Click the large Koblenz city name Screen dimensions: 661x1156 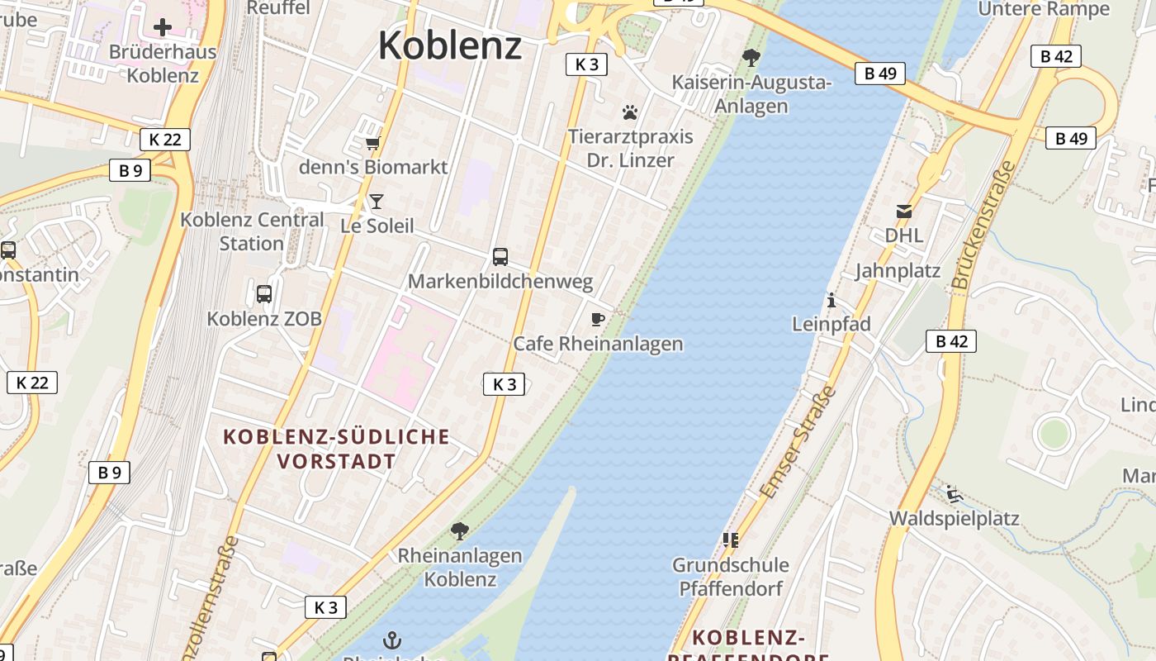tap(450, 45)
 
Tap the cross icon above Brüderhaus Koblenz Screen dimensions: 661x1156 tap(163, 27)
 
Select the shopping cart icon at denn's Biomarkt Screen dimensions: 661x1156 tap(373, 143)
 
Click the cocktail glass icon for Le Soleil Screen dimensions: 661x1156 tap(377, 202)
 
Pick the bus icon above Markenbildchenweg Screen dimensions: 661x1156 tap(500, 257)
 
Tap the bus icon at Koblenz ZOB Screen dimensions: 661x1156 tap(264, 293)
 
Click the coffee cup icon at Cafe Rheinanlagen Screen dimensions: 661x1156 tap(598, 319)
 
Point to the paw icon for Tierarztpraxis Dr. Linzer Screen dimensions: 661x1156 tap(630, 112)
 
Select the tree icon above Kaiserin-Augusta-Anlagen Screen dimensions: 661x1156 tap(751, 58)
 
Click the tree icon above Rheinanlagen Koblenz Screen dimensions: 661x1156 tap(460, 531)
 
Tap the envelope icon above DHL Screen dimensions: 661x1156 tap(904, 212)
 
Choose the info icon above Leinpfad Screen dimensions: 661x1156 tap(831, 300)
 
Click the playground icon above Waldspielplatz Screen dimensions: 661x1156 tap(954, 494)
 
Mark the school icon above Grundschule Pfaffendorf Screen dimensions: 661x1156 tap(731, 540)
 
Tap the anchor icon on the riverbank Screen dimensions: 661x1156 tap(393, 640)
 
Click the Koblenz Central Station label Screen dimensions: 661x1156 tap(252, 231)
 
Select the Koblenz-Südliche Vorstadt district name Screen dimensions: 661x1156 tap(337, 449)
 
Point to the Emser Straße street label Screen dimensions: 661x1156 tap(798, 443)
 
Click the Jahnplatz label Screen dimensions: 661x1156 tap(898, 271)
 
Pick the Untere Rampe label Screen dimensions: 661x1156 tap(1044, 9)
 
